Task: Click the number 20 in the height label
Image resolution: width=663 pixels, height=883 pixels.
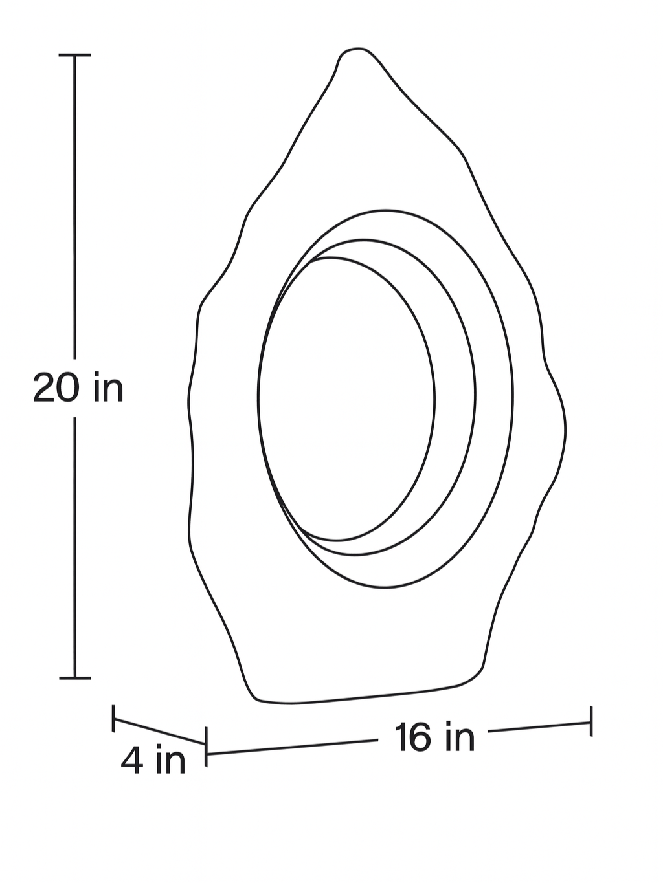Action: [57, 388]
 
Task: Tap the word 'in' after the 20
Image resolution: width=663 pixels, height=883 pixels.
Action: [108, 387]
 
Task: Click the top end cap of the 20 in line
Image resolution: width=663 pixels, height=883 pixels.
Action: [75, 56]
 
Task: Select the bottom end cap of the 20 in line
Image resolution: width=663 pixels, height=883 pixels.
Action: [75, 678]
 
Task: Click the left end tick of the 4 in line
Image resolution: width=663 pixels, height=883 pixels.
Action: [114, 718]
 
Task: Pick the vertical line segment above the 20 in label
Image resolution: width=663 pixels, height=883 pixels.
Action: [75, 207]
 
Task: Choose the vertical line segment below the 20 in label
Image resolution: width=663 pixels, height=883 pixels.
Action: [75, 550]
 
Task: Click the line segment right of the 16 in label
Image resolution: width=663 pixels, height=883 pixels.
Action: [537, 727]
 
